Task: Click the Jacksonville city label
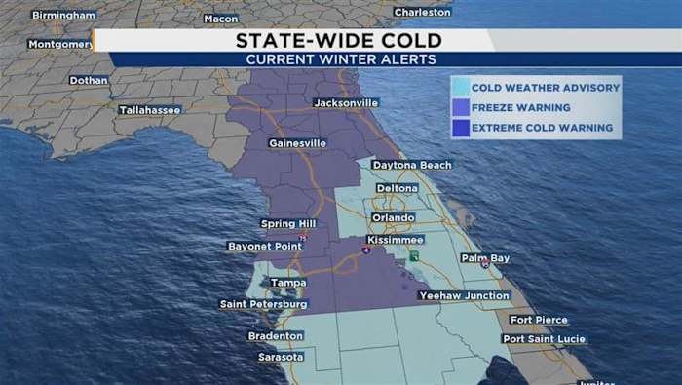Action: pos(345,102)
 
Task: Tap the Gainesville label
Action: pos(297,143)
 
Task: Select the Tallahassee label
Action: pos(149,110)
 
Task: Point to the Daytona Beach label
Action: pos(411,165)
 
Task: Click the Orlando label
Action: pos(393,217)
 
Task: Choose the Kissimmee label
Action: pos(396,239)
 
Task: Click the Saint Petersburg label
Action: pos(264,304)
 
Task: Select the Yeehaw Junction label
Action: pos(463,295)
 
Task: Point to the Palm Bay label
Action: pos(485,258)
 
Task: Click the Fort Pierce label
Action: pos(538,320)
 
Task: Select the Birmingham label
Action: pos(63,16)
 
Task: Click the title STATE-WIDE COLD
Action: pos(339,40)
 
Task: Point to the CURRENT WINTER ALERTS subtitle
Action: pos(339,58)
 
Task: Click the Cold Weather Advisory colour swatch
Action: pos(460,88)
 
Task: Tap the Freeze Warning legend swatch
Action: pos(460,108)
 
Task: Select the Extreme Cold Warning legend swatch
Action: pos(460,128)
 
